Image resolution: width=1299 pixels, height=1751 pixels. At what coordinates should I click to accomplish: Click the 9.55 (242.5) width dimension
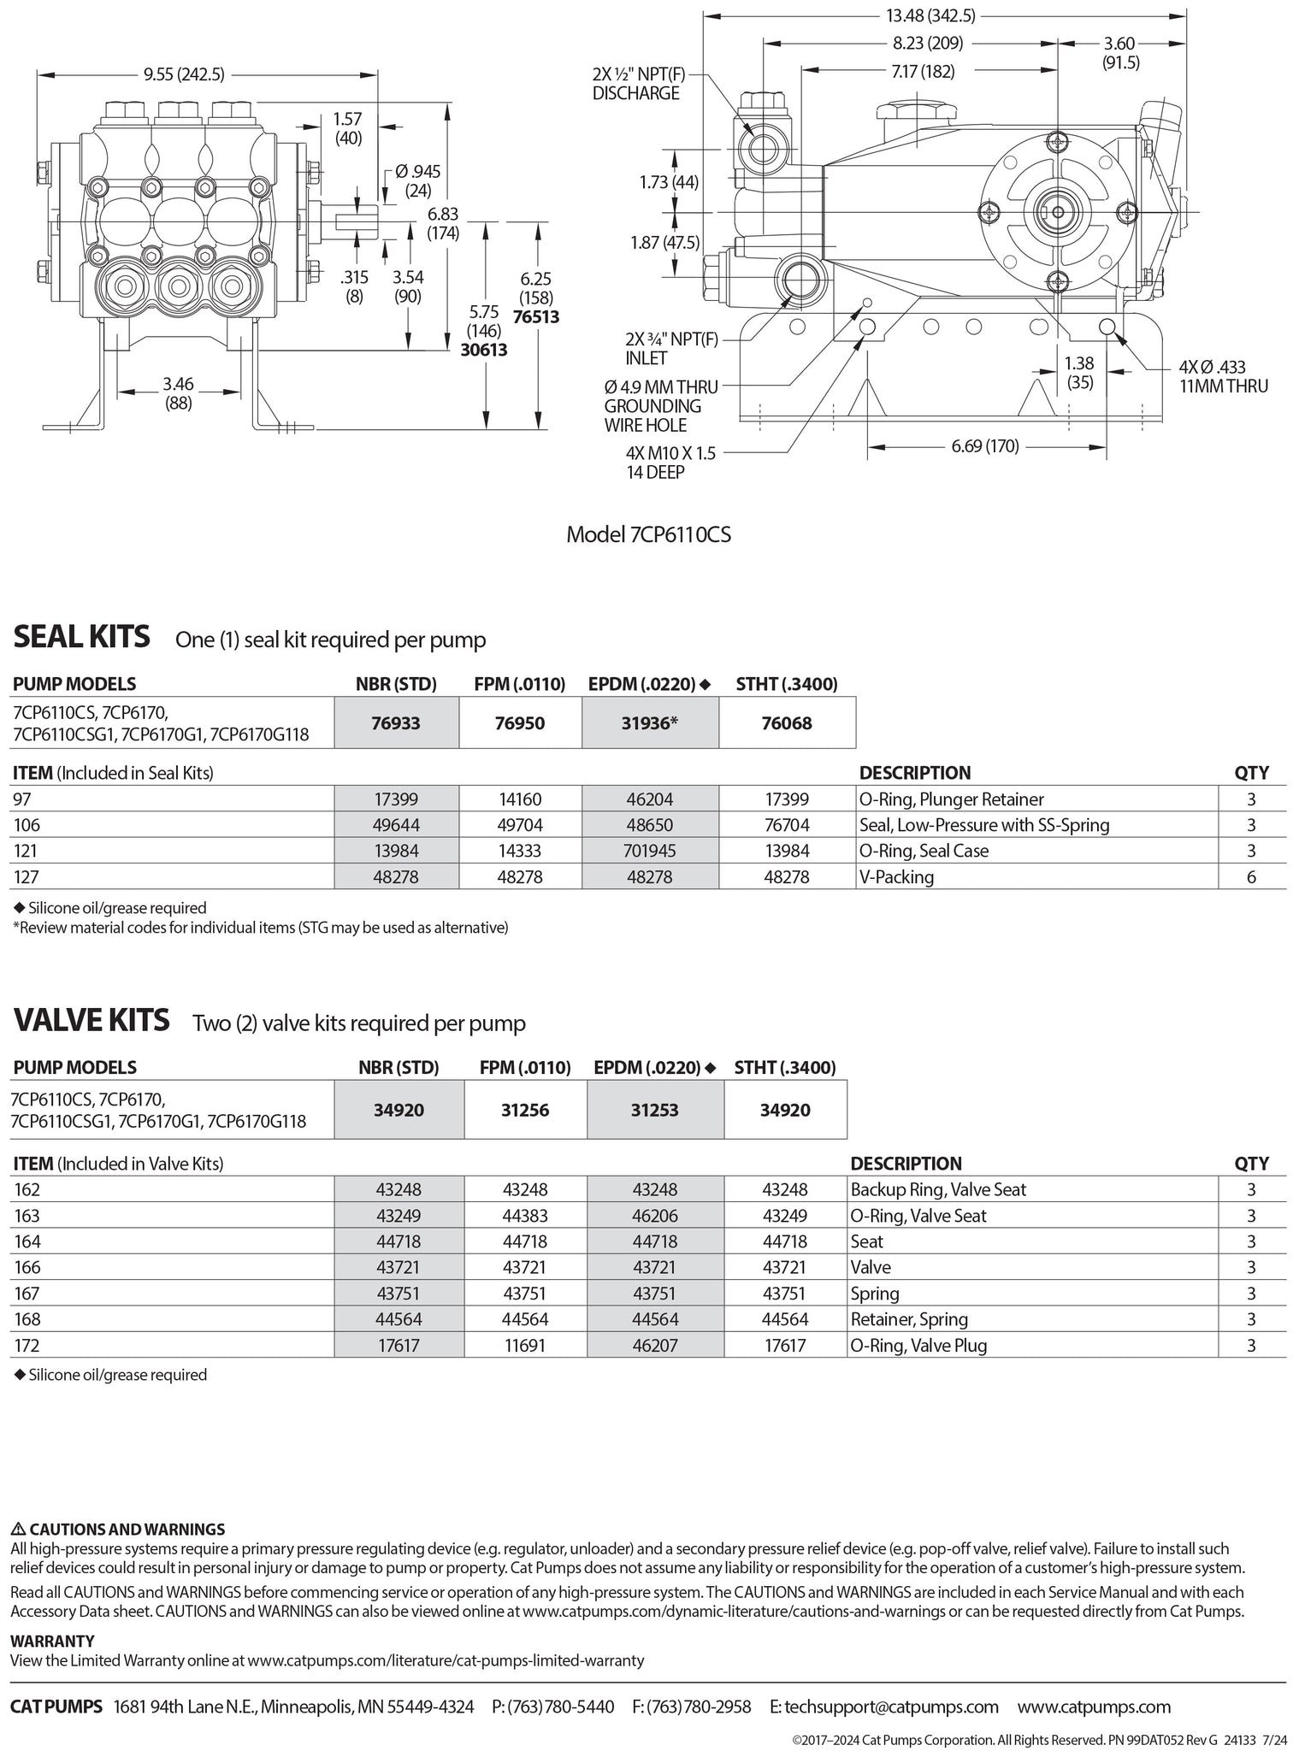coord(184,74)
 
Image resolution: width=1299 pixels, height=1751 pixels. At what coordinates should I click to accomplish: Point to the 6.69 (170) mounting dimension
coord(985,446)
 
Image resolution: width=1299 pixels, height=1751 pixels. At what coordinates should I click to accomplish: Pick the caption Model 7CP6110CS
coord(648,534)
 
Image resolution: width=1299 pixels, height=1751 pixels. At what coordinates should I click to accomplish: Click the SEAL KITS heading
coord(81,637)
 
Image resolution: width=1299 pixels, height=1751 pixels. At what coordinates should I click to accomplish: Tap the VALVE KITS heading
coord(91,1021)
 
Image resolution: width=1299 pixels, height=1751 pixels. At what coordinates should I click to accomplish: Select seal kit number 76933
coord(396,723)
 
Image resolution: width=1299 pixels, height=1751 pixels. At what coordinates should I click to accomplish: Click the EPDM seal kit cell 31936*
coord(650,723)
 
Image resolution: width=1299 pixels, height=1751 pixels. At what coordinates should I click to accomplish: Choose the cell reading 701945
coord(650,851)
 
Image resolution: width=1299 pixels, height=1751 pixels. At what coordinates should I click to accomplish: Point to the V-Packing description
coord(897,877)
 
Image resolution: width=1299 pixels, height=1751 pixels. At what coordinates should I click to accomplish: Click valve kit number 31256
coord(525,1110)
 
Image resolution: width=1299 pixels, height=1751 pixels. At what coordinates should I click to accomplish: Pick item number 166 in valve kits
coord(27,1267)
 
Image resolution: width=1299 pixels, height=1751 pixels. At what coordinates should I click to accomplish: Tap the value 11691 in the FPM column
coord(525,1345)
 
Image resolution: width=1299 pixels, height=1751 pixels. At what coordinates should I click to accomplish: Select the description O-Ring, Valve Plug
coord(918,1345)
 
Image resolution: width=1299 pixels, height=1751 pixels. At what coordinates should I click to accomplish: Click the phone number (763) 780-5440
coord(561,1707)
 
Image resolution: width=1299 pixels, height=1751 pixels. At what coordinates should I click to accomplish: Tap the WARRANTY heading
coord(52,1641)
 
